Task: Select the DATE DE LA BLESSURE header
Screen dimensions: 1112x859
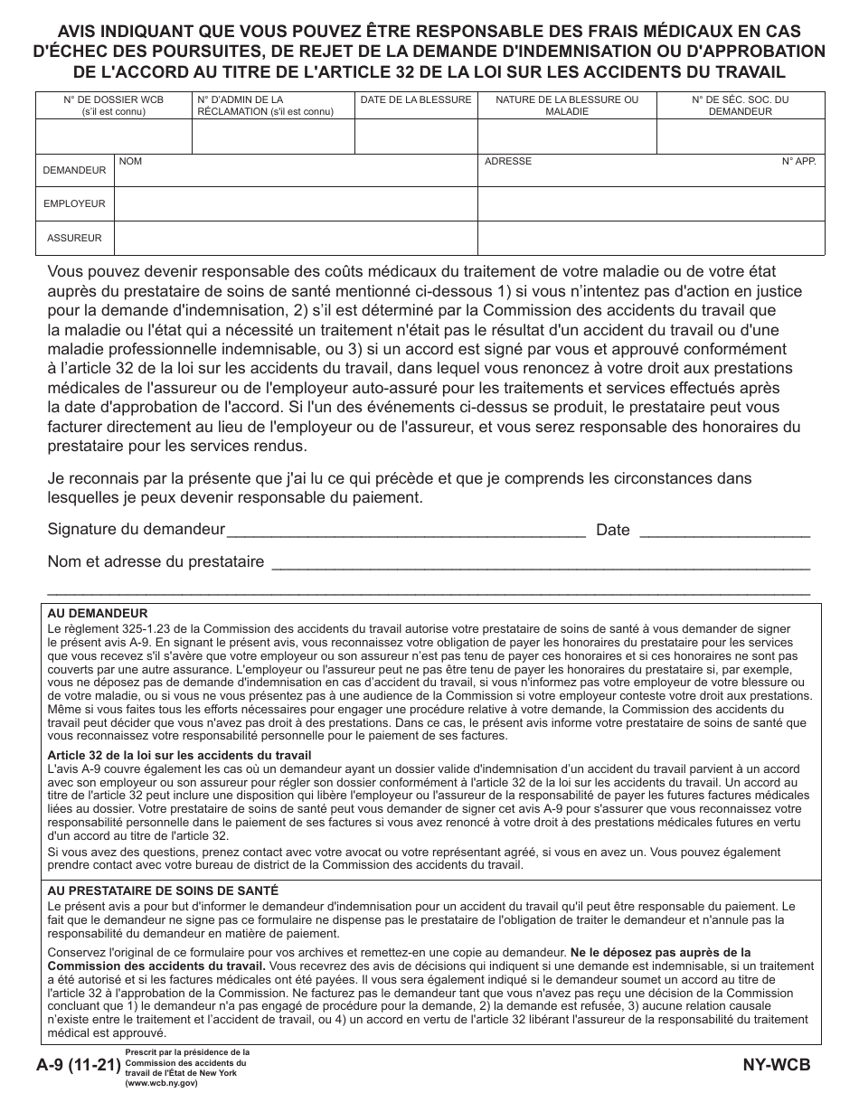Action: point(416,99)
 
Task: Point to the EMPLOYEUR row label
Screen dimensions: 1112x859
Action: point(74,204)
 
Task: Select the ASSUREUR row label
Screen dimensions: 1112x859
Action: point(74,238)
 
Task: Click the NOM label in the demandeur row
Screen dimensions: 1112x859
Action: point(131,162)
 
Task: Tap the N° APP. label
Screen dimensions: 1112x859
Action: point(799,162)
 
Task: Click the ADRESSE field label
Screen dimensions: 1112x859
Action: point(508,162)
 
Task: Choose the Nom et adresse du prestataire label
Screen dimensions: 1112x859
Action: point(156,561)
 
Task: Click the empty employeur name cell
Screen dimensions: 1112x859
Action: point(296,204)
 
